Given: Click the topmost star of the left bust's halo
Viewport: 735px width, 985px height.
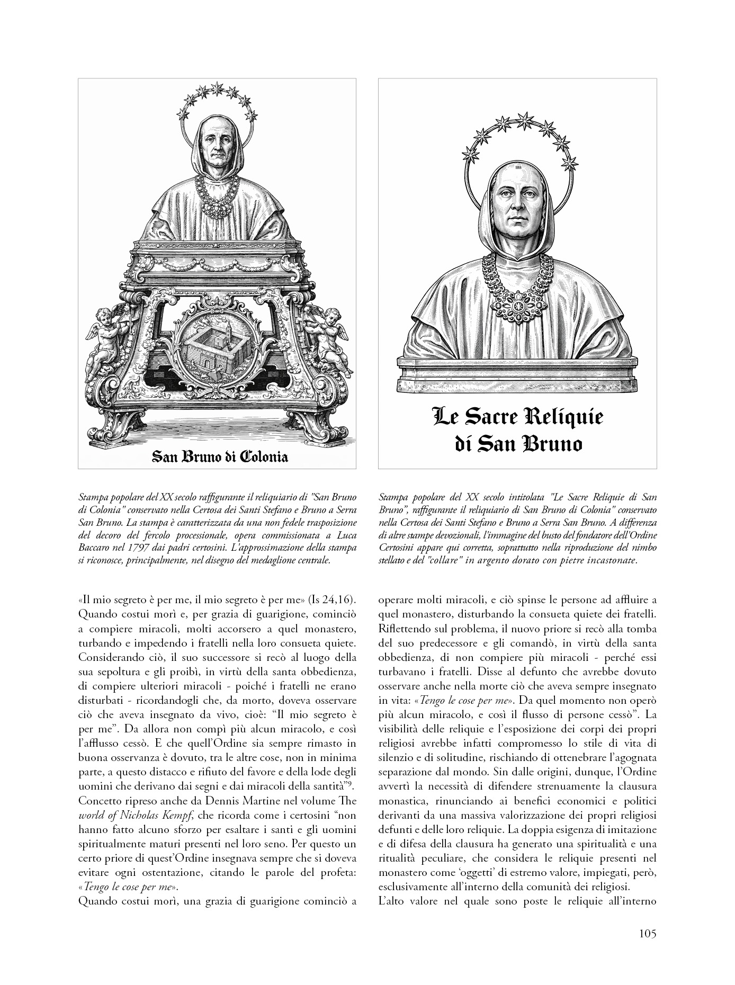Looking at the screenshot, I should (217, 87).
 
